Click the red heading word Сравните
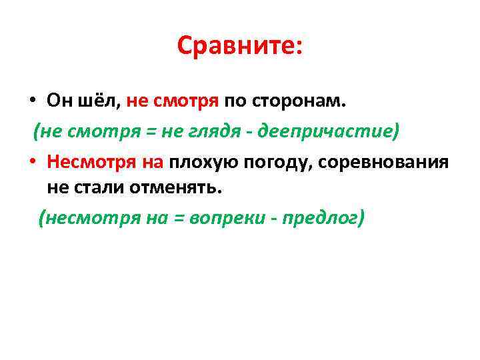click(236, 46)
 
